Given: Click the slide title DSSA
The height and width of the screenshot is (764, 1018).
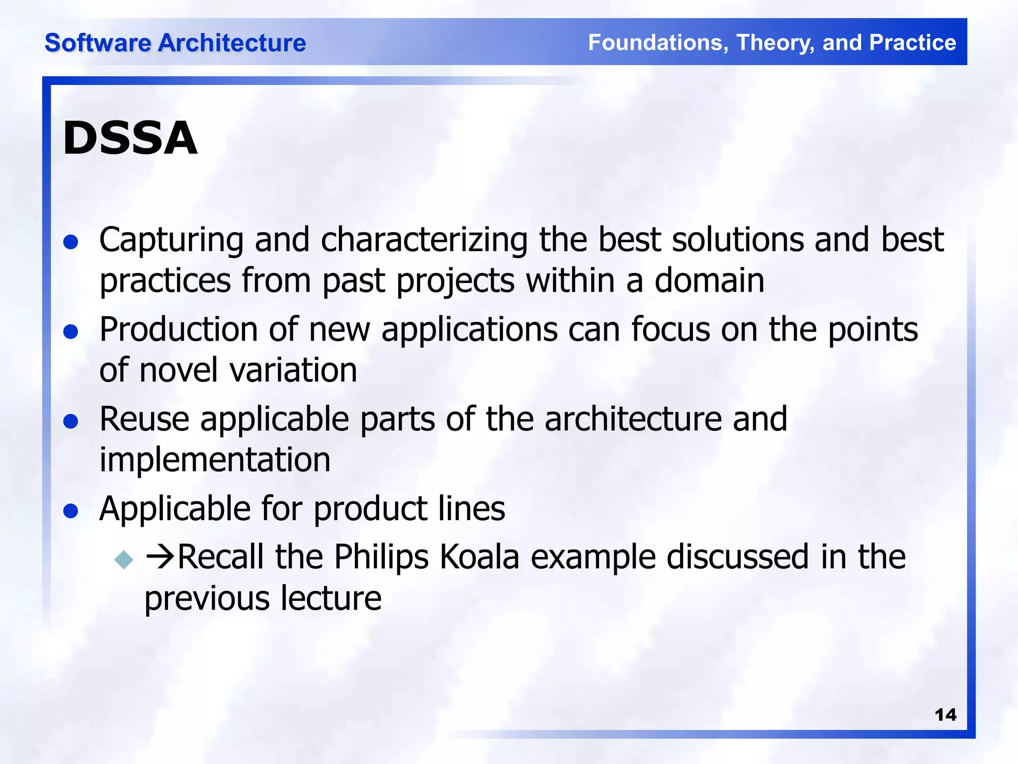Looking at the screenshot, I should click(130, 138).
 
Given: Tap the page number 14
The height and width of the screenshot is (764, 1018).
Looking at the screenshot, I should click(945, 715).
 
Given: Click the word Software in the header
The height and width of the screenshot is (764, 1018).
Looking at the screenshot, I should click(97, 43).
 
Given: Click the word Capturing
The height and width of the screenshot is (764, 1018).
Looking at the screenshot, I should click(171, 241).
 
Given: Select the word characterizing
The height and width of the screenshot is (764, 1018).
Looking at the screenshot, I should click(424, 240).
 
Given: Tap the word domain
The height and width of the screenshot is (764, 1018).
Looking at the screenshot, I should click(709, 281).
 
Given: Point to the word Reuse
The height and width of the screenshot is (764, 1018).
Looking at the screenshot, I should click(144, 419).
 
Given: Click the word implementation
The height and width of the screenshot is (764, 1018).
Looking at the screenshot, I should click(215, 460).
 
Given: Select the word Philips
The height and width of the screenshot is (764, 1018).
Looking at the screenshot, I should click(381, 557).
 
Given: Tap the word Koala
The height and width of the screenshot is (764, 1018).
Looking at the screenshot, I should click(480, 557).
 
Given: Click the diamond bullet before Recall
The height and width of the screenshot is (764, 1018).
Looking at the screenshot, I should click(124, 559).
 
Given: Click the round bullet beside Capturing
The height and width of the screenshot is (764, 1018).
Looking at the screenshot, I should click(71, 242).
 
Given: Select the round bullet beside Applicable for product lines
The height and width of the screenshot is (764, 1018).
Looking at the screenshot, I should click(71, 511).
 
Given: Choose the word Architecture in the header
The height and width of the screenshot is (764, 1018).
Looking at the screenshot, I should click(232, 43).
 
